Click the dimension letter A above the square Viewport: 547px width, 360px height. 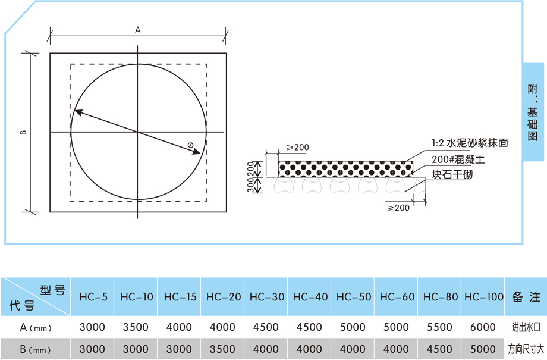pos(138,30)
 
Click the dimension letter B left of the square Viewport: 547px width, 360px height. pos(23,132)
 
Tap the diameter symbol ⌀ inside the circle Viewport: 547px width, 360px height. pos(190,145)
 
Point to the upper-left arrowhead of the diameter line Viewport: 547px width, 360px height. pos(78,112)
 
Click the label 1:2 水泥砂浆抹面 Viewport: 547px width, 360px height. pos(470,143)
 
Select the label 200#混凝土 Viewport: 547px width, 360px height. pos(458,159)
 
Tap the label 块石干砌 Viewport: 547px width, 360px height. pos(452,174)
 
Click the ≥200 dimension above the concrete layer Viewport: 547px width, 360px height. pos(297,148)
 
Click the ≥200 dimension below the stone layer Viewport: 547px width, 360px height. pos(398,208)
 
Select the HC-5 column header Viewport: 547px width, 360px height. pos(93,297)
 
